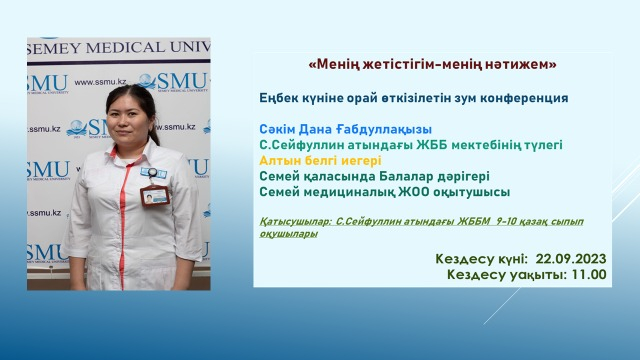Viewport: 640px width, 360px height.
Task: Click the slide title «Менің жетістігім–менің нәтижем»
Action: [433, 65]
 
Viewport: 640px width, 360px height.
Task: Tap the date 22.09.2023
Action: [571, 258]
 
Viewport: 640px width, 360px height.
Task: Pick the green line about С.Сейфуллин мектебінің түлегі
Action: [410, 144]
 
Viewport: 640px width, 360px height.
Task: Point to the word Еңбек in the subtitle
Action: [278, 98]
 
